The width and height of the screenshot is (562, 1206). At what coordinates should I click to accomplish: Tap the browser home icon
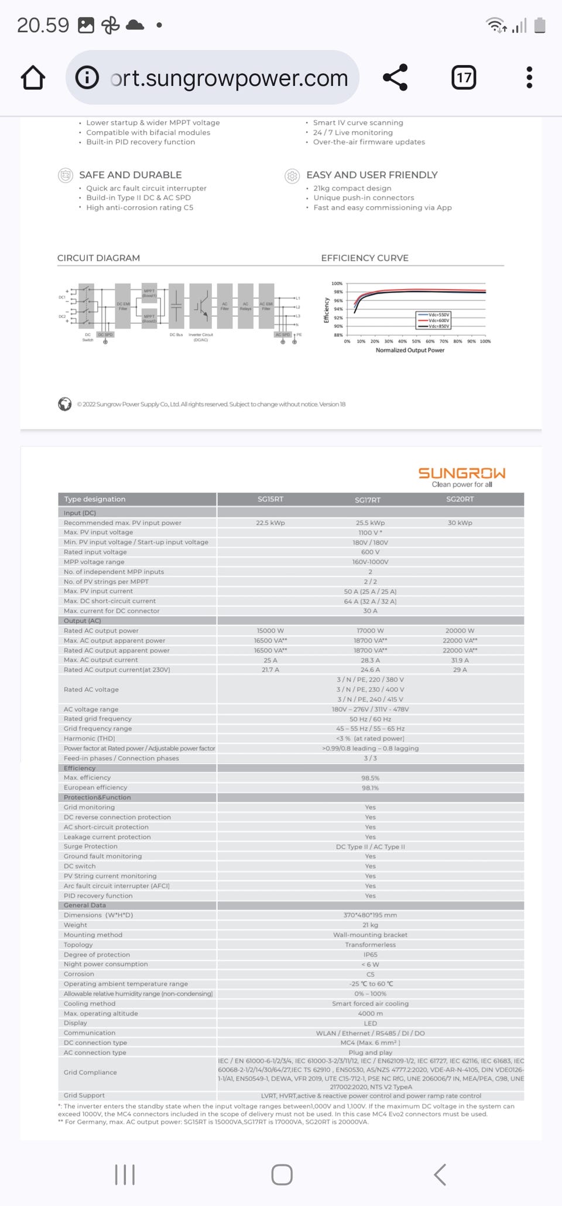[33, 78]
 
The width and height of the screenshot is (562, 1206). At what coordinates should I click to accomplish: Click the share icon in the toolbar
[395, 77]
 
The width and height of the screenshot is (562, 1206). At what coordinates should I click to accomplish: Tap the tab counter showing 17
[464, 77]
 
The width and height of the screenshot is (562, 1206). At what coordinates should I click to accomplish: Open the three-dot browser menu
[529, 77]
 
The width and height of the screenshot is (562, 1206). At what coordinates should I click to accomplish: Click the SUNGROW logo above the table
[461, 473]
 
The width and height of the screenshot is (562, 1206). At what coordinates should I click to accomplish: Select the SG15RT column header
[270, 499]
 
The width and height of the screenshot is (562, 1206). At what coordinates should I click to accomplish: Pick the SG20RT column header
[460, 499]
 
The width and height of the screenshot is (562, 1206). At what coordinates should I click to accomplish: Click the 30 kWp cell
[460, 522]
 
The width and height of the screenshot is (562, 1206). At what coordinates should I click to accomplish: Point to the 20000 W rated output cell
[460, 630]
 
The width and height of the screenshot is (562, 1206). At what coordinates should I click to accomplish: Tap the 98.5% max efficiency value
[371, 778]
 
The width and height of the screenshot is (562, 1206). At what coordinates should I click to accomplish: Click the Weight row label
[76, 925]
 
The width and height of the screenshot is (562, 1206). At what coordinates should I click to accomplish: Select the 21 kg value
[371, 925]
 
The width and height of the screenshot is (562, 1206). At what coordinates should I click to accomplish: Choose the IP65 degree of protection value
[371, 954]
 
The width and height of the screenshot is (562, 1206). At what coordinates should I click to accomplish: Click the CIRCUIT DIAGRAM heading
[98, 258]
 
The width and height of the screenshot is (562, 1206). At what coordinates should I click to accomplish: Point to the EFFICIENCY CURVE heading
[365, 258]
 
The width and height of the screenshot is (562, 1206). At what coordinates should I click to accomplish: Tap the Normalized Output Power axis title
[410, 350]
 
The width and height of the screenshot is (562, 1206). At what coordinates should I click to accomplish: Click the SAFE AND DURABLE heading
[130, 175]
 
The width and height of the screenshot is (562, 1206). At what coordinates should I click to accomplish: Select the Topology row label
[78, 944]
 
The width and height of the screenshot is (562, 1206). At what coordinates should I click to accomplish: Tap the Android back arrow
[440, 1174]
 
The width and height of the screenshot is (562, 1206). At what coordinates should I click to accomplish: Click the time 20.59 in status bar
[43, 25]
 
